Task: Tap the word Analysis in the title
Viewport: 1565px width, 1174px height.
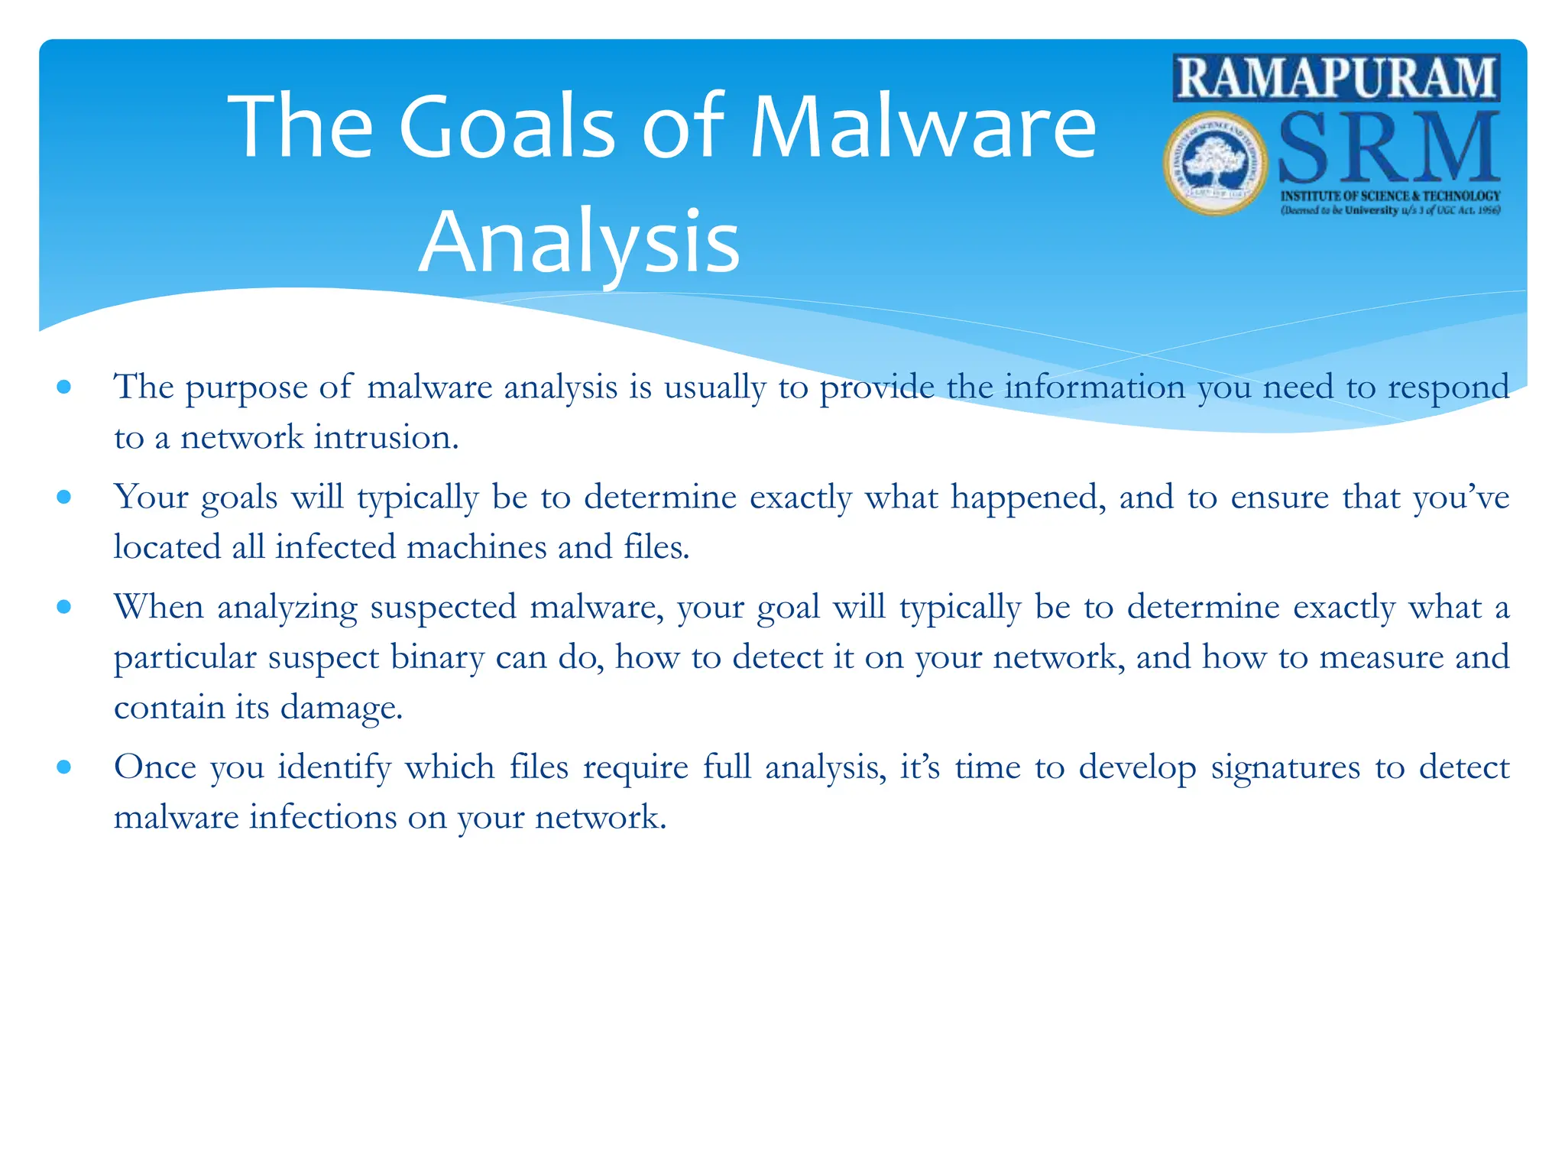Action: [579, 242]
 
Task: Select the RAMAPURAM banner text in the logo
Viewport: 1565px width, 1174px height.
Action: [1336, 78]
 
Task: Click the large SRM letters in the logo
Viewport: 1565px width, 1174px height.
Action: [1388, 149]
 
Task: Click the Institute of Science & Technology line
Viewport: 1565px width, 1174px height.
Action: [1390, 196]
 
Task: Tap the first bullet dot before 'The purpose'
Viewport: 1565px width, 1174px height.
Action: [64, 388]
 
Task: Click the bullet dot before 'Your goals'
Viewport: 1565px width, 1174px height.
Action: [64, 498]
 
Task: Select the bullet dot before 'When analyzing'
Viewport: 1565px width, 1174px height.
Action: [64, 608]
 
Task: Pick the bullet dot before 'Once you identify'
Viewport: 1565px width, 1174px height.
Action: [64, 767]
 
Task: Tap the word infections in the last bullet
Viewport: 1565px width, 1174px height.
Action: [322, 817]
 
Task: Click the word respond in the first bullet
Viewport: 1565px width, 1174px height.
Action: [1448, 388]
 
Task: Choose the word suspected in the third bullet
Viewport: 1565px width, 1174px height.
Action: [443, 608]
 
